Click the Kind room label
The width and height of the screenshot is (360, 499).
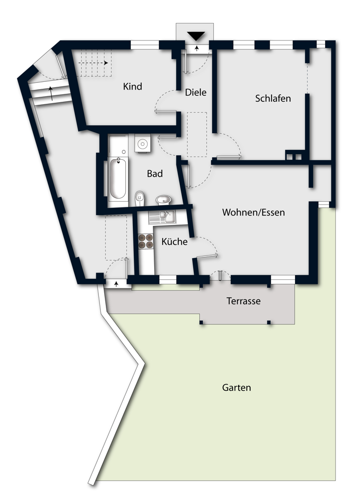[132, 86]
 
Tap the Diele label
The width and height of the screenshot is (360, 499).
[195, 92]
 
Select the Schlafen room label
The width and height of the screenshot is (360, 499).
[273, 98]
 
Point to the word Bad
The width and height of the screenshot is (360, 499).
[155, 174]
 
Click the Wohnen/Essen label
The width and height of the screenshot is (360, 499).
[253, 213]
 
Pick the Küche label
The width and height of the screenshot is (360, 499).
[174, 242]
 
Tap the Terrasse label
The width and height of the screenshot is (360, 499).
[244, 301]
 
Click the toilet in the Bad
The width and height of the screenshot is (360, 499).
[140, 197]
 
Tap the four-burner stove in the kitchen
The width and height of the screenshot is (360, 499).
[146, 242]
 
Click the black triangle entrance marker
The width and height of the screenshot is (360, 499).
[197, 35]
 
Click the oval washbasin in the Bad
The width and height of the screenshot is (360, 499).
[163, 200]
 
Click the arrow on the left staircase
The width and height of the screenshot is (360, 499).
[50, 93]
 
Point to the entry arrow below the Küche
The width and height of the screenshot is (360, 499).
[116, 284]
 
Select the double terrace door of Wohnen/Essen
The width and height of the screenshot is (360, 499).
[220, 276]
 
